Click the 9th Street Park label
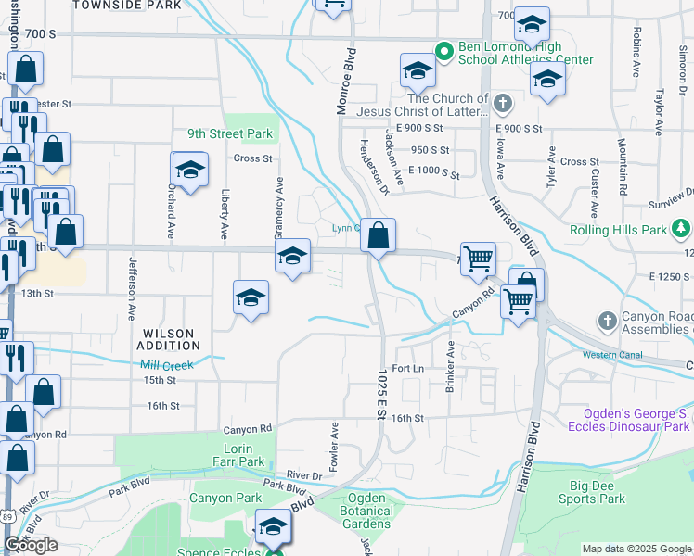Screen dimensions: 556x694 (x=230, y=133)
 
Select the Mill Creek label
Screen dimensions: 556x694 (x=166, y=365)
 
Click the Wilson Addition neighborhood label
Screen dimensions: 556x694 (x=168, y=339)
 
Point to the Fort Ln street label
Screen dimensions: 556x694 (x=407, y=369)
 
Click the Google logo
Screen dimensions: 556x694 (x=31, y=545)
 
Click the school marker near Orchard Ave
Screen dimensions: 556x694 (x=189, y=171)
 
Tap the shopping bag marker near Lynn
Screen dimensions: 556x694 (x=378, y=237)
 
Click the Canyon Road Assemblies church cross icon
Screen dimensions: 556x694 (x=607, y=321)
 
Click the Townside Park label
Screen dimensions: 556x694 (x=127, y=5)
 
